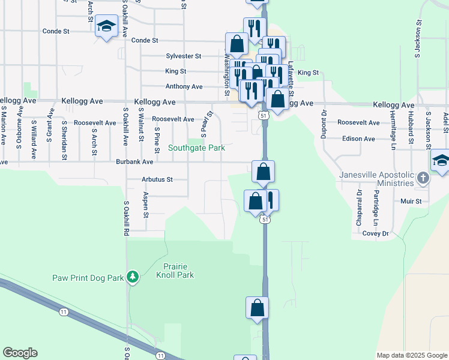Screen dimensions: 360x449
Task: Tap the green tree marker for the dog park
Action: [133, 277]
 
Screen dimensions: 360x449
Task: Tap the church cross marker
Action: [423, 178]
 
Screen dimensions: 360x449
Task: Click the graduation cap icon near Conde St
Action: [106, 27]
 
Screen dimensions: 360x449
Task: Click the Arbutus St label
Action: [157, 179]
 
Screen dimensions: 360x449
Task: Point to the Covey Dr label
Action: [376, 233]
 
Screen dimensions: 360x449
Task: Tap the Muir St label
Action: [411, 202]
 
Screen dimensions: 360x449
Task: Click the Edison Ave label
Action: [358, 139]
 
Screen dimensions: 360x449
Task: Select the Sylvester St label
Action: [183, 56]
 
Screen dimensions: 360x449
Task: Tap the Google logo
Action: [20, 353]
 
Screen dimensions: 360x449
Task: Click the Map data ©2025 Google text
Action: [412, 355]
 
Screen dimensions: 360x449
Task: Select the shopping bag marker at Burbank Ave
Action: [263, 172]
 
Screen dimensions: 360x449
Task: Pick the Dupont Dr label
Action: [324, 124]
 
